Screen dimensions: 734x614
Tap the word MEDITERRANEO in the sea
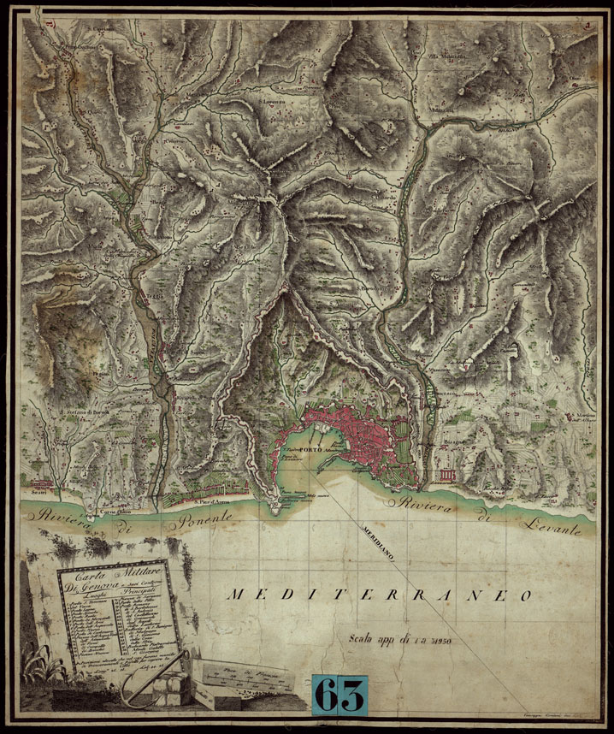point(380,595)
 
